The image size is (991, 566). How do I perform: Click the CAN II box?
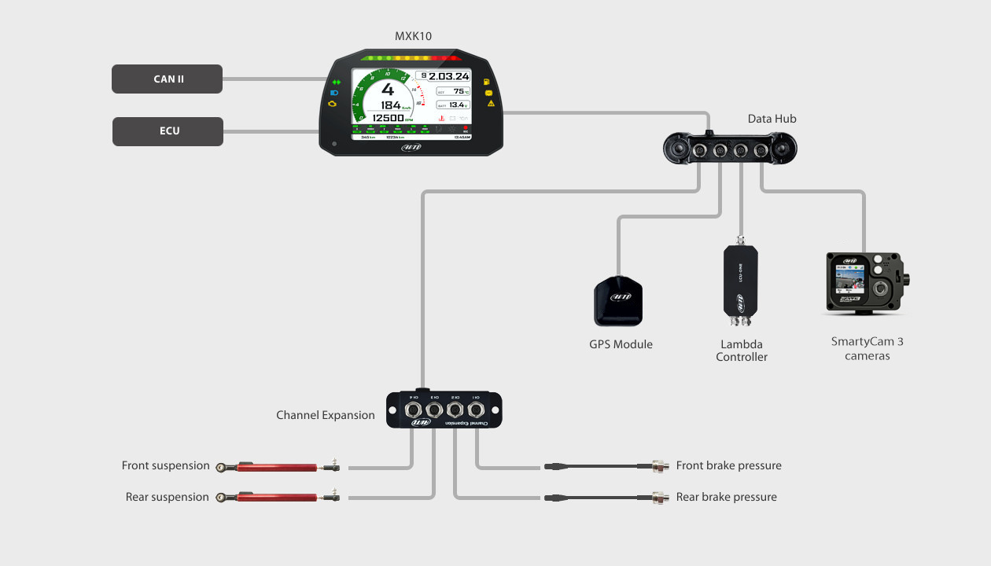pyautogui.click(x=168, y=79)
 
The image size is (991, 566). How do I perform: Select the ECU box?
pyautogui.click(x=168, y=131)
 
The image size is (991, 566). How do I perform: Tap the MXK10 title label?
pyautogui.click(x=413, y=36)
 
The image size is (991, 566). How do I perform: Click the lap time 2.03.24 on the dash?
pyautogui.click(x=448, y=76)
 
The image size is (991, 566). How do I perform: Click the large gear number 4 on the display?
pyautogui.click(x=388, y=89)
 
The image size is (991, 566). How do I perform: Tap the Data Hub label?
pyautogui.click(x=772, y=119)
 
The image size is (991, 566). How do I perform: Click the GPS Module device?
pyautogui.click(x=618, y=301)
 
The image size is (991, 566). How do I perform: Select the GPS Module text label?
pyautogui.click(x=621, y=344)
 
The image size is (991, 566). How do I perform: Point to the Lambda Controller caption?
pyautogui.click(x=741, y=351)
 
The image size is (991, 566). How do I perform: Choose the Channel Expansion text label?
pyautogui.click(x=325, y=415)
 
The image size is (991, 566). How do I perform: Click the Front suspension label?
pyautogui.click(x=165, y=466)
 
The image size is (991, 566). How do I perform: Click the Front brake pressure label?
pyautogui.click(x=728, y=466)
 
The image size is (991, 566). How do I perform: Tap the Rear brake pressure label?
pyautogui.click(x=726, y=498)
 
